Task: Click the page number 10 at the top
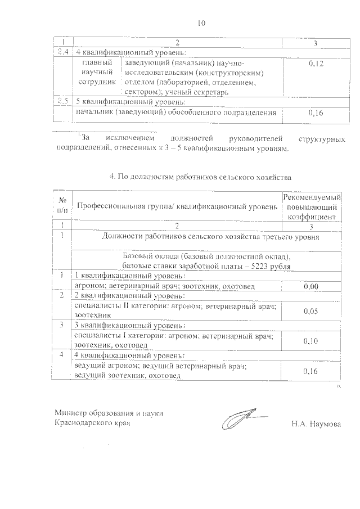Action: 202,23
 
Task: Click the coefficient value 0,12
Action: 316,65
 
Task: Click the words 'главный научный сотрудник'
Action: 98,71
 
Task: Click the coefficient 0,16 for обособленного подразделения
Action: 316,113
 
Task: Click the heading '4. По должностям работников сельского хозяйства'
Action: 200,177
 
